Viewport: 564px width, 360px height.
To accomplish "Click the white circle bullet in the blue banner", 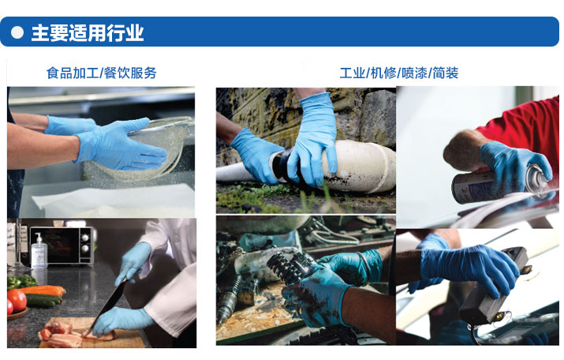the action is [x=17, y=32].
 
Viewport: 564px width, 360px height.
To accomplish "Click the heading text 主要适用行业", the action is [x=88, y=32].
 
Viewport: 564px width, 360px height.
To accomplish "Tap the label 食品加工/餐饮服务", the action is [x=102, y=73].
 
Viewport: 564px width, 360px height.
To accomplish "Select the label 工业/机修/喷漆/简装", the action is [x=399, y=73].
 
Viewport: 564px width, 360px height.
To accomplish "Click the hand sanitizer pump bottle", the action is [x=39, y=251].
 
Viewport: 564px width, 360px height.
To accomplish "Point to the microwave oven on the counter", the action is [x=62, y=246].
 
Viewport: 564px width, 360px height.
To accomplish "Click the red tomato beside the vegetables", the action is [x=17, y=300].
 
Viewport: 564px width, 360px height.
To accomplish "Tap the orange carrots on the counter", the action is [x=43, y=290].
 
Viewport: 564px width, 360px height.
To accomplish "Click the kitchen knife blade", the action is [x=108, y=305].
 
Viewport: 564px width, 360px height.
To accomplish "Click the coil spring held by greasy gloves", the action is [x=288, y=268].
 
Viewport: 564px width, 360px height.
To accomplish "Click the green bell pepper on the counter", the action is [x=20, y=282].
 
